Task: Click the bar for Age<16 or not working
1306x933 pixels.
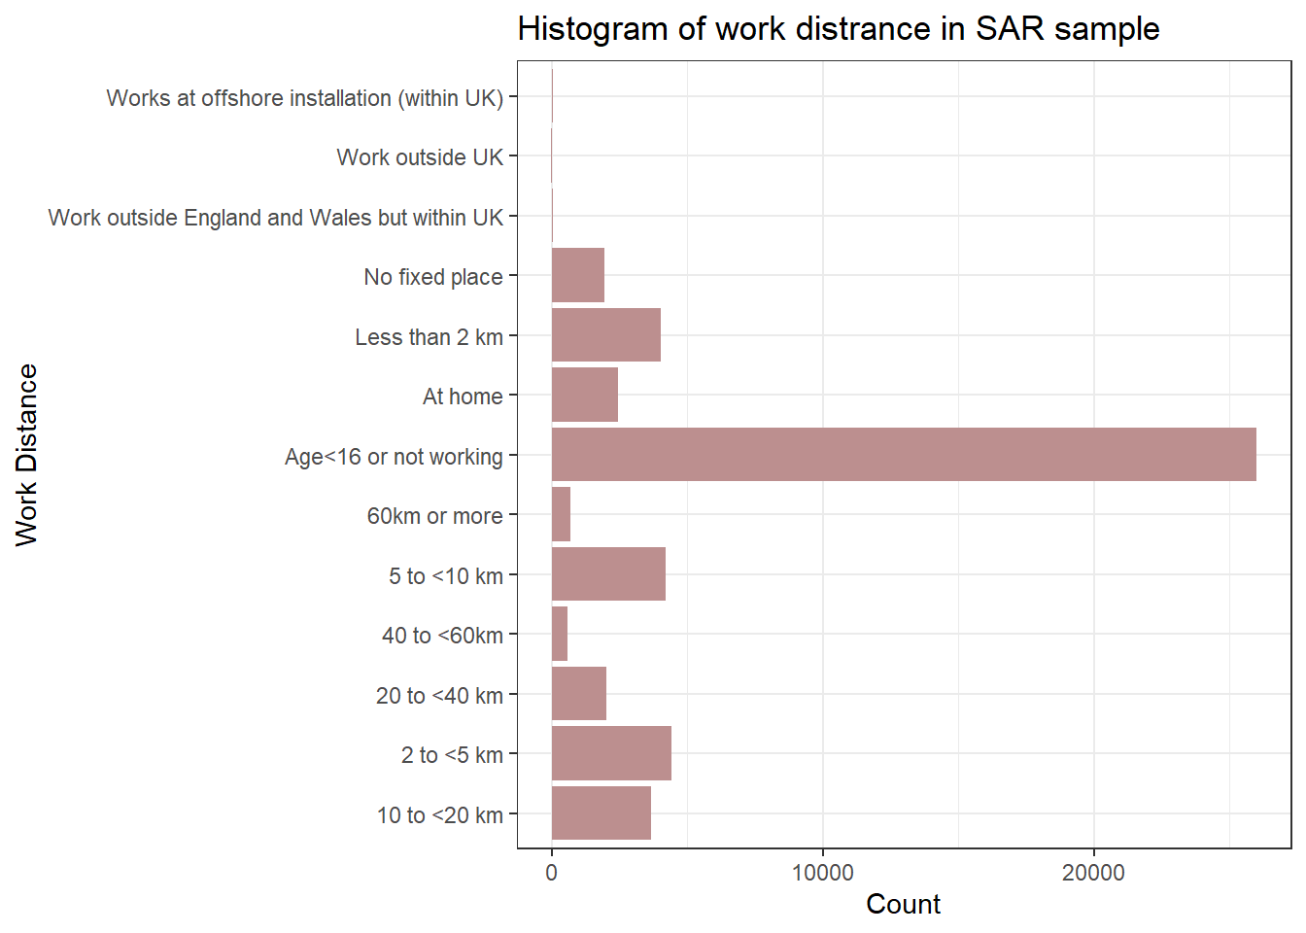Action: click(x=904, y=455)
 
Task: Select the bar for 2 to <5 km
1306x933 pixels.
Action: click(x=611, y=753)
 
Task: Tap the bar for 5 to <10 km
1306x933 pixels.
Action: click(x=608, y=574)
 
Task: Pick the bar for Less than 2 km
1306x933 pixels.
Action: click(x=605, y=335)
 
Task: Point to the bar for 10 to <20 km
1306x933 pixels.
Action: click(x=601, y=813)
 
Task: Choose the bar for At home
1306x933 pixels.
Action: click(x=584, y=396)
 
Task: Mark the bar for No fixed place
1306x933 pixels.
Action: click(x=577, y=275)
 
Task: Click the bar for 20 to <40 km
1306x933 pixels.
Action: click(x=578, y=694)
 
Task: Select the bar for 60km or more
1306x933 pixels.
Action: click(x=561, y=514)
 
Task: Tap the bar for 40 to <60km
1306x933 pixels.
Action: click(x=559, y=634)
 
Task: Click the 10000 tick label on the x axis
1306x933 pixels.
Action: click(x=822, y=873)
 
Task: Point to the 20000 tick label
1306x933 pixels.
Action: click(x=1093, y=873)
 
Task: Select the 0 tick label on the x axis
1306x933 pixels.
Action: click(x=552, y=873)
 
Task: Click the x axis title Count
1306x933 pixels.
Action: click(x=903, y=905)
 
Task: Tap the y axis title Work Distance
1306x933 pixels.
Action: click(x=26, y=455)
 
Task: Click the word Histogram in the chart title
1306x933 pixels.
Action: click(x=592, y=29)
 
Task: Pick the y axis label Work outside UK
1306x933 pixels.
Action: click(x=420, y=157)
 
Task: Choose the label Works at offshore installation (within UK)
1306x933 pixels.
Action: click(x=304, y=98)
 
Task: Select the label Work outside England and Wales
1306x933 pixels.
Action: click(x=275, y=218)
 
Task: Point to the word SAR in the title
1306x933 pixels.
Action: click(x=1010, y=29)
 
